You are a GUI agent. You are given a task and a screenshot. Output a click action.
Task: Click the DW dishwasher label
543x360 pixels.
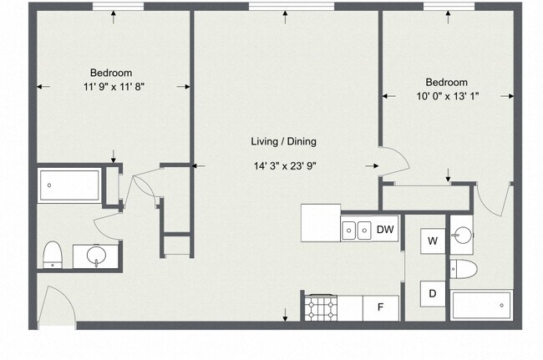[x=385, y=230]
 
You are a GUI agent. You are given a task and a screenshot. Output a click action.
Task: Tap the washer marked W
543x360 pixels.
[x=433, y=241]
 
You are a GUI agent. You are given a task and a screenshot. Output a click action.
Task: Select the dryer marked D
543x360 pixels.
[x=433, y=294]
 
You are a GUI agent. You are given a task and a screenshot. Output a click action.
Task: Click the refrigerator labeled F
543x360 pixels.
[x=381, y=307]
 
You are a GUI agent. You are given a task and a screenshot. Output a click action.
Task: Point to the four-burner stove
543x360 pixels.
[x=321, y=307]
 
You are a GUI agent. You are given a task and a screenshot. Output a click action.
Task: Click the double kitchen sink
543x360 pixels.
[x=357, y=230]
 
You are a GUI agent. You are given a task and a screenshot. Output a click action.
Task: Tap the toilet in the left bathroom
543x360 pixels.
[x=53, y=255]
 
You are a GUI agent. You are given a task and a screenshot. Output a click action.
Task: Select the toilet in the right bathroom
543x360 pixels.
[x=464, y=269]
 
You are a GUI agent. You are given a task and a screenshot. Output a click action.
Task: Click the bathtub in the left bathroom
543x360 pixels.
[x=69, y=185]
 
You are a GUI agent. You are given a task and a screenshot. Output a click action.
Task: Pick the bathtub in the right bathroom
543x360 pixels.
[x=481, y=306]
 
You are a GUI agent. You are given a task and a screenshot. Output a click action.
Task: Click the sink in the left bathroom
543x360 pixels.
[x=97, y=256]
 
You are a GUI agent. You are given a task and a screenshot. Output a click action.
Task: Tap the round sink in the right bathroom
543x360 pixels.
[x=462, y=236]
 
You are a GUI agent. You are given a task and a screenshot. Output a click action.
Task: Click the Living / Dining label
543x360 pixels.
[x=284, y=141]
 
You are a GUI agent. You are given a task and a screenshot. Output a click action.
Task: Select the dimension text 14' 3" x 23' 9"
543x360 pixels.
[x=285, y=166]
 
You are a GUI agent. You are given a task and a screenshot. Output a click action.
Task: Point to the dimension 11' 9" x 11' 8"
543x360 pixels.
[x=114, y=87]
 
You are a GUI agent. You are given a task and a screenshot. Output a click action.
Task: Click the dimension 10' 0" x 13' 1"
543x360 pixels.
[x=448, y=96]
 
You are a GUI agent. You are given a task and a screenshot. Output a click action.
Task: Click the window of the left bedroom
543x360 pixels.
[x=118, y=6]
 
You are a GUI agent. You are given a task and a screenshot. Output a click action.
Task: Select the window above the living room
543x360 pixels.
[x=292, y=6]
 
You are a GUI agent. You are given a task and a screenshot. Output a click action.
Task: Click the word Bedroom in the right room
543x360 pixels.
[x=446, y=83]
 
